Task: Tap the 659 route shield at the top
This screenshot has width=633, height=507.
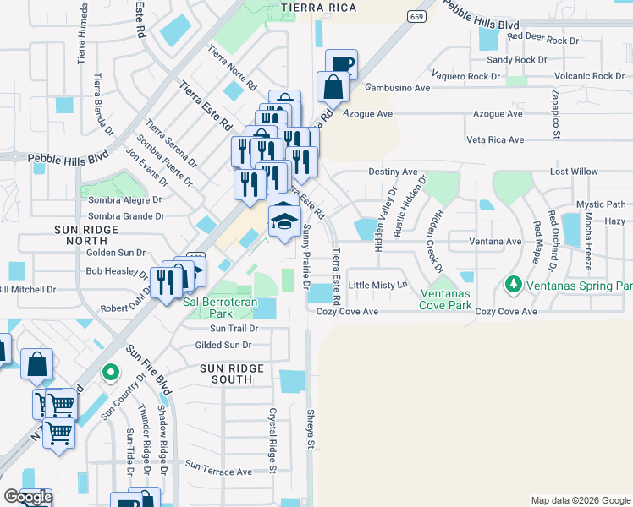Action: (415, 16)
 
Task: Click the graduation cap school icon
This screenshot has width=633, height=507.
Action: (284, 222)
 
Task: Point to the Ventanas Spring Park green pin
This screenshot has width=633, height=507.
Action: (512, 286)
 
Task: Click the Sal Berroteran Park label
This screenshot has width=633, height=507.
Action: (221, 308)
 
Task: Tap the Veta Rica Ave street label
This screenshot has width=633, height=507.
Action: (495, 139)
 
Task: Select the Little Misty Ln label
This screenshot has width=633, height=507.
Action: (377, 286)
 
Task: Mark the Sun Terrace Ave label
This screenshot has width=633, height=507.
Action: (219, 469)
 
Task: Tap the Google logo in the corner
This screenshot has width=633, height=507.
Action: (27, 497)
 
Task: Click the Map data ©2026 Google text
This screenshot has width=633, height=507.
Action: (580, 500)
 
